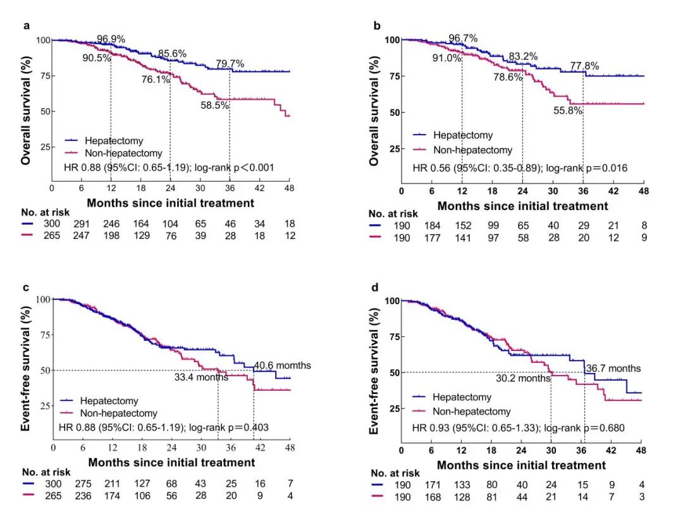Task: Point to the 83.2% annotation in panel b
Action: [x=523, y=56]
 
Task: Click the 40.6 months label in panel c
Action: [x=282, y=365]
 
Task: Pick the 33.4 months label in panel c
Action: [x=200, y=377]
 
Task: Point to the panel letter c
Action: [x=26, y=287]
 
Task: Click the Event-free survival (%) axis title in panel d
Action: [x=374, y=367]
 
